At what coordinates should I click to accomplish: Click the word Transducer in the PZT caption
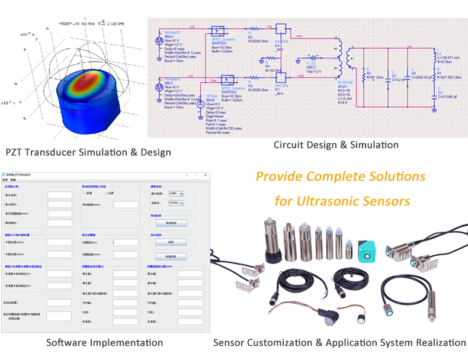tap(59, 153)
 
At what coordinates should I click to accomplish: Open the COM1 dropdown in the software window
tap(175, 194)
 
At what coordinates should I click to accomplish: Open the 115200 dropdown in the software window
tap(176, 202)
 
